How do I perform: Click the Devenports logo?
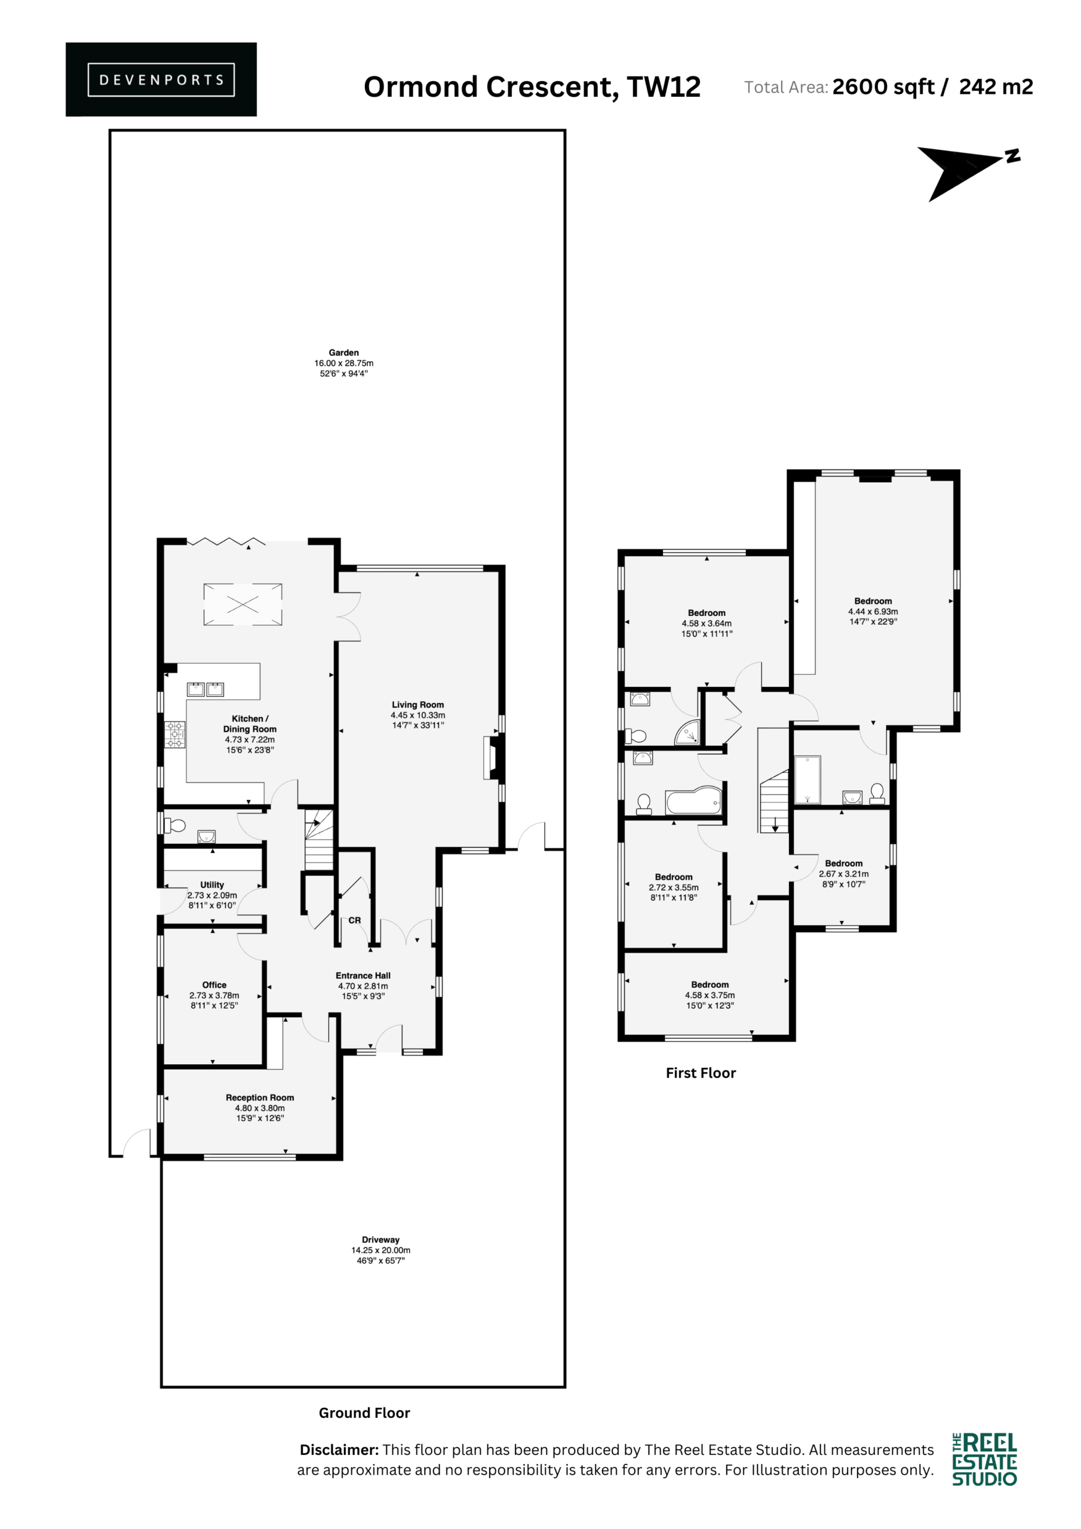161,79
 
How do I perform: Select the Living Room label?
417,705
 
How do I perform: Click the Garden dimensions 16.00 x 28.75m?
343,363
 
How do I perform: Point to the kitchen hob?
175,734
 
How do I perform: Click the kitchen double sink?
205,689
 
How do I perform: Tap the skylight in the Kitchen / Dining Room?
242,604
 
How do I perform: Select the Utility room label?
212,885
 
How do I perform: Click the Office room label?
214,985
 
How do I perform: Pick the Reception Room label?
260,1097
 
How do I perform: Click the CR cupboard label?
354,920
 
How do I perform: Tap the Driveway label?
381,1240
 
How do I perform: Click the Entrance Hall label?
363,975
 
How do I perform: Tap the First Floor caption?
701,1073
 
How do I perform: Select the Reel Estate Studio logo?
984,1460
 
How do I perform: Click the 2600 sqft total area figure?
883,87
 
